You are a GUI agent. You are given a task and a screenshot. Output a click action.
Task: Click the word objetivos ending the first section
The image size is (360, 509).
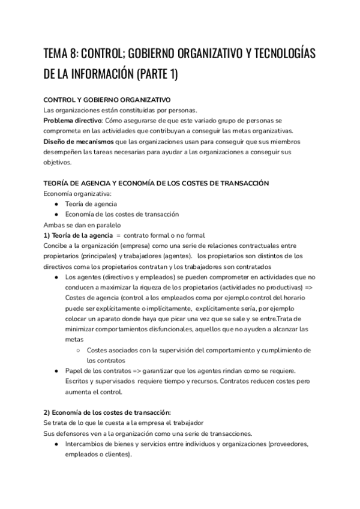click(x=58, y=163)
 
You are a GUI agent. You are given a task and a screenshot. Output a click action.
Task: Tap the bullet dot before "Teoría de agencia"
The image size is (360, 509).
click(x=55, y=204)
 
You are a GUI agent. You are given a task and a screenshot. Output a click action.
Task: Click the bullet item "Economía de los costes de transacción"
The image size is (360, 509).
click(x=122, y=214)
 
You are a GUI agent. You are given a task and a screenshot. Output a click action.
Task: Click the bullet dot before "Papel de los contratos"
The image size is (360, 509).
click(x=55, y=371)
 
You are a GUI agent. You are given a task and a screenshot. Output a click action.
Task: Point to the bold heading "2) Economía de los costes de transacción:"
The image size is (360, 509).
click(x=107, y=412)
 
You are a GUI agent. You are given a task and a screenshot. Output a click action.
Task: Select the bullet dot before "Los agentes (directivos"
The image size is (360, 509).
click(x=55, y=277)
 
